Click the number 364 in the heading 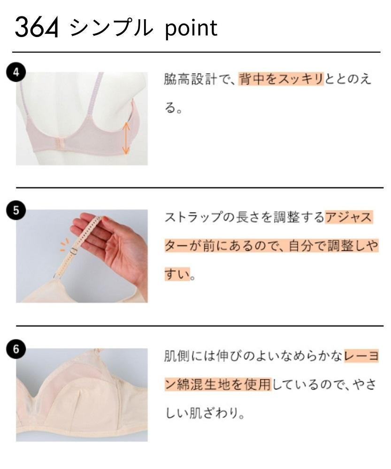(36, 28)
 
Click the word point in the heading (191, 29)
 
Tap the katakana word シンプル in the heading (111, 28)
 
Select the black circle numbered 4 (16, 72)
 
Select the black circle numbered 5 (16, 210)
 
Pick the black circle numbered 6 (16, 349)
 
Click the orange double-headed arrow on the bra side (126, 138)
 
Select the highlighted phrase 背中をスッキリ (281, 79)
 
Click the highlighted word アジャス (349, 217)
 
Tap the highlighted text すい (177, 274)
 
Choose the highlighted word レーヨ (361, 356)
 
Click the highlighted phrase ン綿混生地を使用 (218, 384)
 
